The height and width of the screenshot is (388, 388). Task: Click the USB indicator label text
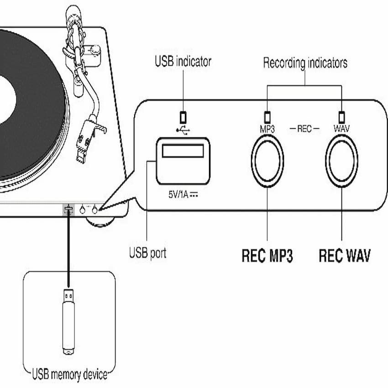(183, 62)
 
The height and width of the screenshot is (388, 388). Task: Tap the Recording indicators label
(305, 63)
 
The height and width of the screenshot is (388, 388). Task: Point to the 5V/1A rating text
(182, 193)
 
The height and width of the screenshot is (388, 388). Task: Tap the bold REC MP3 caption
(267, 256)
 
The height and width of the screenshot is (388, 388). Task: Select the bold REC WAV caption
(344, 256)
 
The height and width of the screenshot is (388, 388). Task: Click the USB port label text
(147, 252)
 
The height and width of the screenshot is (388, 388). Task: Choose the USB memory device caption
(69, 375)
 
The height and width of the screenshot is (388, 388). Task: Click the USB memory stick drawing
(68, 321)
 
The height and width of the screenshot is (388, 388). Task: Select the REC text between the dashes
(304, 129)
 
